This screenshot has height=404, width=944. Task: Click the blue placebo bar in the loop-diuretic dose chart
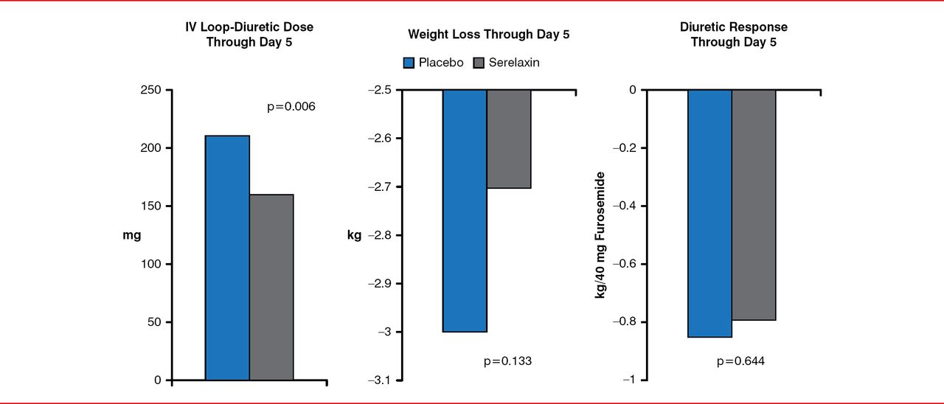point(227,258)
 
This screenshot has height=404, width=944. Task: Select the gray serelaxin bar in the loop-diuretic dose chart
point(271,288)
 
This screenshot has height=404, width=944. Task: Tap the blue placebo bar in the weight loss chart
point(465,211)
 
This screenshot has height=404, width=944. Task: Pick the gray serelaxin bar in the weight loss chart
point(509,139)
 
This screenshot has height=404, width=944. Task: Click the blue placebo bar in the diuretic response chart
point(709,214)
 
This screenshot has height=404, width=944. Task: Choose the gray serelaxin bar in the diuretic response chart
point(754,205)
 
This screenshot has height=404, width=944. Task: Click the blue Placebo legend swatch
point(409,63)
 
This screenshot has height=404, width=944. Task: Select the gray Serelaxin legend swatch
point(476,63)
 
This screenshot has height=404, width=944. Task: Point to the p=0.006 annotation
point(291,107)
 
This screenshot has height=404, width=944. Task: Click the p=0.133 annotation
point(507,361)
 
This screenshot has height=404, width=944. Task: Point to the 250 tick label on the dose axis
point(152,90)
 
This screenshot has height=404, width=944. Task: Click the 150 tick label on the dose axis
point(152,206)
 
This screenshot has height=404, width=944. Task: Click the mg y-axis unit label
point(131,235)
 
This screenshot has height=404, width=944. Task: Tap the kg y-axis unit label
point(354,235)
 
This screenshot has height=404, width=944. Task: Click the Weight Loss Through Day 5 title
point(488,35)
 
